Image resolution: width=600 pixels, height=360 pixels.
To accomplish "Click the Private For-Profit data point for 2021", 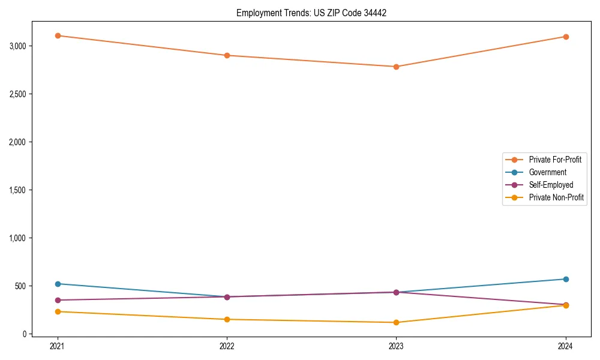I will click(x=58, y=35).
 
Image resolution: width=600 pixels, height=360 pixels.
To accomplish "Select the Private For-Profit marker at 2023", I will click(x=397, y=67).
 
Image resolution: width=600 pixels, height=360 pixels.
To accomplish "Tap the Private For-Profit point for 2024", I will click(x=566, y=37).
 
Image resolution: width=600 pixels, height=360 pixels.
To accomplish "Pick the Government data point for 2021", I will click(x=58, y=284).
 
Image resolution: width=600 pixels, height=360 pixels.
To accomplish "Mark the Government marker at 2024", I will click(x=566, y=279).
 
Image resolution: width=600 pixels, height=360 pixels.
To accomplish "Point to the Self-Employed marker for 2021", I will click(x=58, y=300).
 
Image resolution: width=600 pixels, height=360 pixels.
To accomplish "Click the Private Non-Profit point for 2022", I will click(x=227, y=319).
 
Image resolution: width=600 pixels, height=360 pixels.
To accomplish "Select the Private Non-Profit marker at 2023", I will click(x=397, y=322).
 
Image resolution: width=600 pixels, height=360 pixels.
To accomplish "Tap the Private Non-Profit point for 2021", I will click(x=58, y=311).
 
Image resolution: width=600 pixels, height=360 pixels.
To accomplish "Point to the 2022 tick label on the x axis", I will click(x=227, y=346).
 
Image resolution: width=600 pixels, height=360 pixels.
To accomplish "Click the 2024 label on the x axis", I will click(x=566, y=346).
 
